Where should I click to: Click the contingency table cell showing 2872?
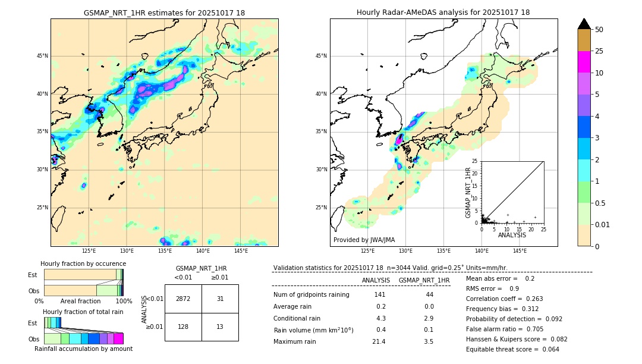click(x=183, y=299)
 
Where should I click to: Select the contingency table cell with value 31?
click(x=220, y=299)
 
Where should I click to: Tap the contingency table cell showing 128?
click(x=183, y=327)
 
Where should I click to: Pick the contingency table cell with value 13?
click(x=220, y=327)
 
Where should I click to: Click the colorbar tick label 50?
click(x=599, y=30)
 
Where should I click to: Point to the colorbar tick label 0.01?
click(x=603, y=224)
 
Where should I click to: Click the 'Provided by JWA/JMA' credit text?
click(x=364, y=240)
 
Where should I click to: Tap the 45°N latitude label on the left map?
click(x=42, y=56)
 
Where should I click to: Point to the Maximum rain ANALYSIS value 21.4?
click(x=379, y=341)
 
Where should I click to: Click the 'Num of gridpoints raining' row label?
click(x=311, y=295)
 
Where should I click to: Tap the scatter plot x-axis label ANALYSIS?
click(x=512, y=235)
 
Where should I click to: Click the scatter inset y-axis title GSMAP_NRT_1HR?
click(x=468, y=192)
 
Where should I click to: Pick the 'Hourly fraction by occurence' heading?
click(x=83, y=263)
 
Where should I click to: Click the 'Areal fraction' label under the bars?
click(x=80, y=301)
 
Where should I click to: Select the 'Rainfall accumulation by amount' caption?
click(x=83, y=349)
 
